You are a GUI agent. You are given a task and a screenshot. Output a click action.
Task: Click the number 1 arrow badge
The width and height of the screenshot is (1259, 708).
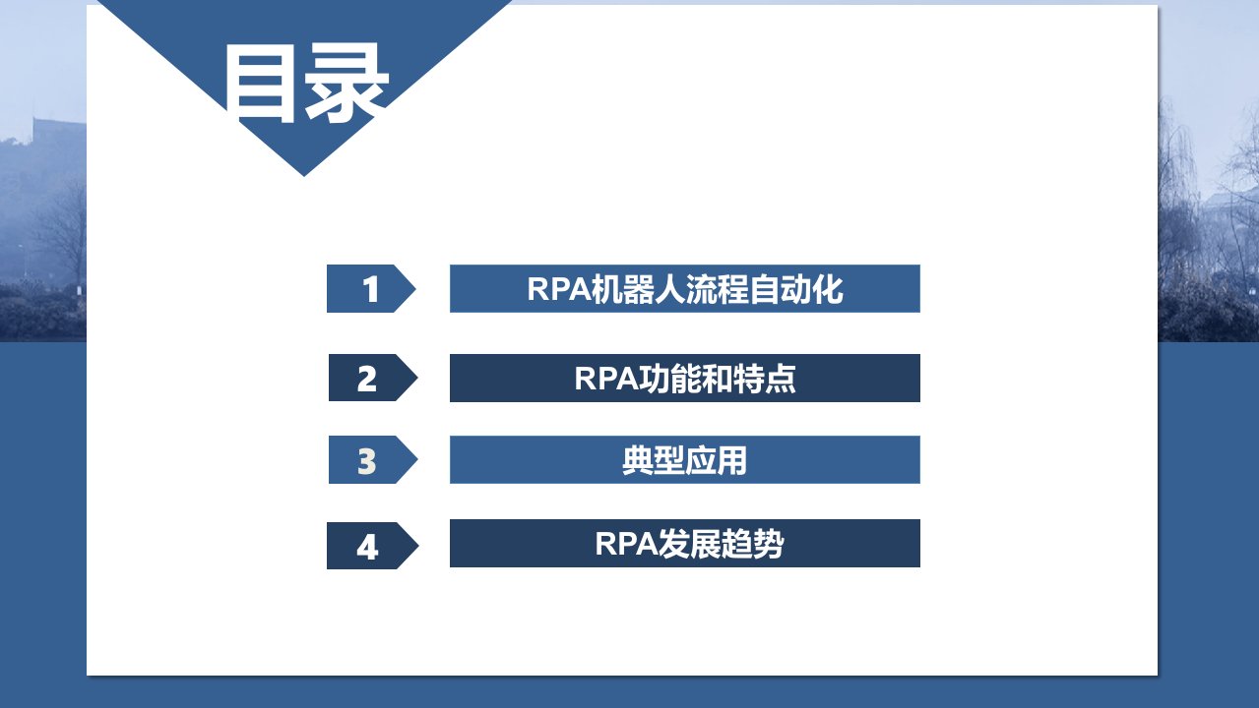370,288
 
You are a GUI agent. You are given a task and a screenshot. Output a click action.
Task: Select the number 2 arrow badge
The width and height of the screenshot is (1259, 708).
373,378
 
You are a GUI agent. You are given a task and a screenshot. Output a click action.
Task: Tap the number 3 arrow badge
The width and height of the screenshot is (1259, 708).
373,459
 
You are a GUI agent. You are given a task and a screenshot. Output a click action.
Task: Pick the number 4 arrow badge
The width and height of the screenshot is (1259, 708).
372,546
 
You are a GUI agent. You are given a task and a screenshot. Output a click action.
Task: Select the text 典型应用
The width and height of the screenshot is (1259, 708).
684,460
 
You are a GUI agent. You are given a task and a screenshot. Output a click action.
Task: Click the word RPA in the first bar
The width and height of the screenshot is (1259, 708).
559,289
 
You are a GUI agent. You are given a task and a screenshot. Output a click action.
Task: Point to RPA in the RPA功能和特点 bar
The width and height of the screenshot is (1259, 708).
606,379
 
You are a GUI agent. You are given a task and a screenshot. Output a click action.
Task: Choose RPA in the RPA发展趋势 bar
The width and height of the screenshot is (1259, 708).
627,544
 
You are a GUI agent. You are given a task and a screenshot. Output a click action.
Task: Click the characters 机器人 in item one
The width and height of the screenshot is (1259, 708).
638,289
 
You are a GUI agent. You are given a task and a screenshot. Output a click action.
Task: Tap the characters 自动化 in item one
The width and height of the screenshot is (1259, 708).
796,289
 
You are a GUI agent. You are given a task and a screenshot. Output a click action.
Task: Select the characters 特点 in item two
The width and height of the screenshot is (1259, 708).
765,379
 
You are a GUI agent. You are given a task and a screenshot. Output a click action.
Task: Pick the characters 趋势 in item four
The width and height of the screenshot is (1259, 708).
753,544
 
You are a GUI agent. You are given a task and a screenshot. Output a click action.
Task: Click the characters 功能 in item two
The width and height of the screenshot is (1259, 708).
670,379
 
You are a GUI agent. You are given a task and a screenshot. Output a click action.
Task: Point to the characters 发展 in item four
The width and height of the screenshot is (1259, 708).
690,544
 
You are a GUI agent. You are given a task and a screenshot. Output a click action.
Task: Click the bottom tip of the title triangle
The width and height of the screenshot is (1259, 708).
304,176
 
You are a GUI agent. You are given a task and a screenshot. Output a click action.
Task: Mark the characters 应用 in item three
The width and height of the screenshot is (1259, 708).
716,460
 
